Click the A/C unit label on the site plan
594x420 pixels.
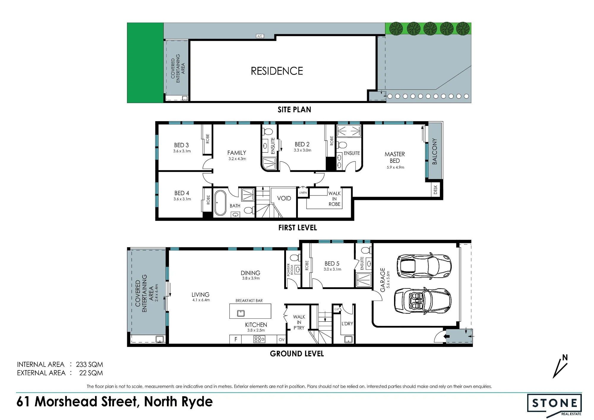[260, 36]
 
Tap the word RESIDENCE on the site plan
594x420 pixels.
[277, 71]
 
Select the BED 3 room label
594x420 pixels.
[181, 145]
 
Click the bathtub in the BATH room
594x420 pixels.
[220, 203]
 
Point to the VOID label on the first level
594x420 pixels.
[284, 198]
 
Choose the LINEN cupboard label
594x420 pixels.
[303, 193]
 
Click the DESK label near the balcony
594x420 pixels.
[435, 190]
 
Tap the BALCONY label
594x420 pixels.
[435, 151]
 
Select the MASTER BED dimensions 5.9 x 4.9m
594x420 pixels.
[395, 167]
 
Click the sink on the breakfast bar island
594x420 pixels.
[241, 313]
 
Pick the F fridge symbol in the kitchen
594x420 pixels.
[236, 339]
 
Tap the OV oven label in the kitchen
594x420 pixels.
[282, 340]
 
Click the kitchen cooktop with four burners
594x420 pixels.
[259, 339]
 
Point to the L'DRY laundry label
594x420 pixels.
[347, 323]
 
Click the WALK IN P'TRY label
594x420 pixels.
[299, 322]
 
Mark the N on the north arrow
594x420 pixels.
[565, 358]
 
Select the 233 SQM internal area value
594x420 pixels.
[89, 364]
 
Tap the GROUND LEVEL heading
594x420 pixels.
[297, 353]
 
